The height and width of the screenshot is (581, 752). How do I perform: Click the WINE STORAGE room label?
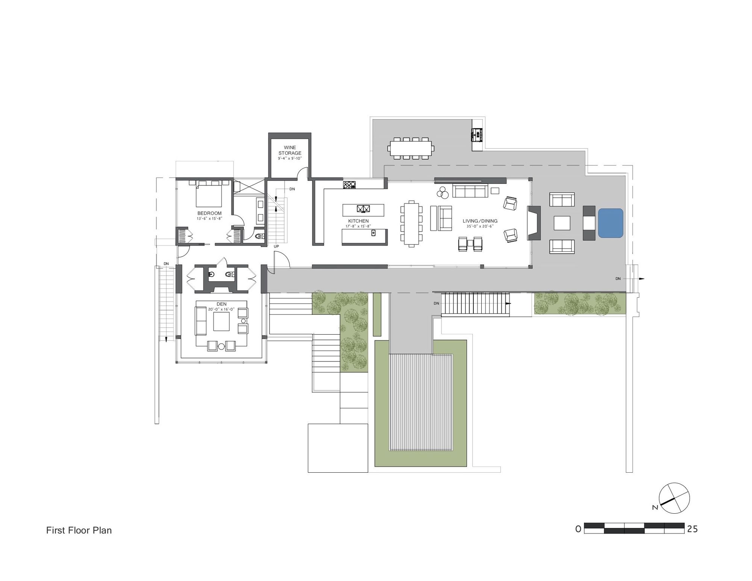coord(290,150)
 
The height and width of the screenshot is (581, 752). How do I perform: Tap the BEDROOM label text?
coord(209,213)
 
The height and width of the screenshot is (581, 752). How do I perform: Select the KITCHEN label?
coord(358,221)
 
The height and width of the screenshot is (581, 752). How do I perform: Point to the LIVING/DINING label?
coord(480,221)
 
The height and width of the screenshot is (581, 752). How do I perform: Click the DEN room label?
coord(221,304)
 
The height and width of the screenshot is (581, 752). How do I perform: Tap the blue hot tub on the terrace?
coord(611,223)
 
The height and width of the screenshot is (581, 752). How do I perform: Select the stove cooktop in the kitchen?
coord(349,185)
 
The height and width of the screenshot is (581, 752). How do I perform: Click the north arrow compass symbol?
coord(675,498)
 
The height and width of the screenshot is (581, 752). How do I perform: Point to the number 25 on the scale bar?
coord(692,529)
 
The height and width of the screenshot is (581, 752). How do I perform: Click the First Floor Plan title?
coord(79,530)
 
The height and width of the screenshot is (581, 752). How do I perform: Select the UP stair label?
coord(276,246)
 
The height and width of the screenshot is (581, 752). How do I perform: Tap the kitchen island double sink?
coord(364,209)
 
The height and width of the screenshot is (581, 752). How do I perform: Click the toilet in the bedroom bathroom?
coord(259,237)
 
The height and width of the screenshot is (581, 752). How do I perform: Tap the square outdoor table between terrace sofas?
coord(562,223)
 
